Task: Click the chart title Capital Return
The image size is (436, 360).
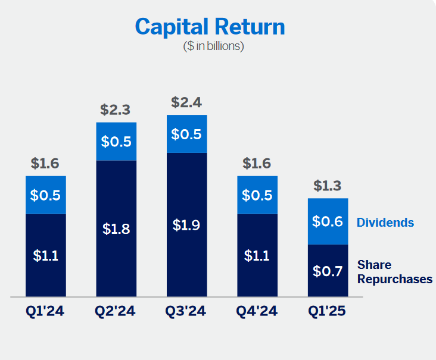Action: click(x=210, y=27)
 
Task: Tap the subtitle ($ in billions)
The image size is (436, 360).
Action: click(x=213, y=46)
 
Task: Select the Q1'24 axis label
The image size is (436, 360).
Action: click(x=45, y=311)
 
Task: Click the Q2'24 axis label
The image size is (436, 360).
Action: click(x=115, y=311)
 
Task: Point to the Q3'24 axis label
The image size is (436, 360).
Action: click(x=186, y=311)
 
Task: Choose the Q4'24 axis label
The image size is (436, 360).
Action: click(x=257, y=311)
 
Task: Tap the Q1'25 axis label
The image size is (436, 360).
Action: click(x=327, y=311)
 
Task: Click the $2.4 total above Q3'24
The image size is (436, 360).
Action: click(x=186, y=102)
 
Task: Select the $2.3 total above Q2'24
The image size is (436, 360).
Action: click(x=115, y=109)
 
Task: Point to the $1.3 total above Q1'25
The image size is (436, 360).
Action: click(x=327, y=186)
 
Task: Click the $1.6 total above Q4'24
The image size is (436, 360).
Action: click(x=257, y=163)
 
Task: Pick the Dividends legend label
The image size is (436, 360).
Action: click(x=385, y=223)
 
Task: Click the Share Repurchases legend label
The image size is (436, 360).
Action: click(x=395, y=272)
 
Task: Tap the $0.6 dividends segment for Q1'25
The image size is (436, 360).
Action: click(x=328, y=221)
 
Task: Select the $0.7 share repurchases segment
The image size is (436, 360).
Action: click(x=328, y=271)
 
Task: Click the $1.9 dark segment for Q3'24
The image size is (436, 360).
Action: click(x=187, y=225)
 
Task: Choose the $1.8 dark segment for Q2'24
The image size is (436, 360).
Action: click(x=116, y=228)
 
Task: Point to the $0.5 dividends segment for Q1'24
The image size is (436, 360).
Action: click(x=46, y=195)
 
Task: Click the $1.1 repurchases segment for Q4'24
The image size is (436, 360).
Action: click(x=257, y=255)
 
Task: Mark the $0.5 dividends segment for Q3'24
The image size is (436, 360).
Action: click(x=187, y=134)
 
